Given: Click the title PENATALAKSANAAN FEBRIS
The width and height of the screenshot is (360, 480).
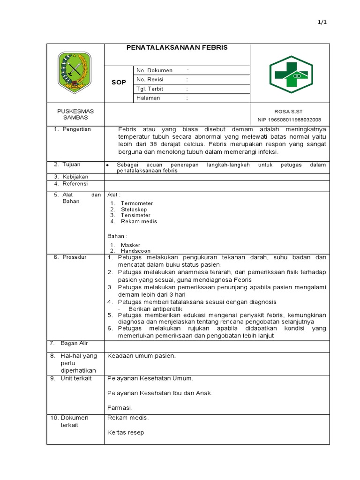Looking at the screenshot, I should pyautogui.click(x=177, y=48).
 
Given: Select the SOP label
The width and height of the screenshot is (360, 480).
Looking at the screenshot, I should pyautogui.click(x=119, y=82).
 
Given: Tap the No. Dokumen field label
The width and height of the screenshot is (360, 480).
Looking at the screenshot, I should pyautogui.click(x=154, y=70).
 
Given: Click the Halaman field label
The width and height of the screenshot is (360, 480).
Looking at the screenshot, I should pyautogui.click(x=148, y=98).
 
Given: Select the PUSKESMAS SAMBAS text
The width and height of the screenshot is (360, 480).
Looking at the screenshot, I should pyautogui.click(x=75, y=114).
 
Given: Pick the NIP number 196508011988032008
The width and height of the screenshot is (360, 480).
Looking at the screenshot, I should pyautogui.click(x=290, y=120).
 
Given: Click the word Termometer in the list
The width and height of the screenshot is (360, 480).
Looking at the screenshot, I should pyautogui.click(x=137, y=203).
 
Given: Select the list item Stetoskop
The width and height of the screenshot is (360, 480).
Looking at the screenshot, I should pyautogui.click(x=134, y=210).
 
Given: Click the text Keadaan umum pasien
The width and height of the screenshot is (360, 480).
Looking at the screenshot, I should pyautogui.click(x=142, y=356).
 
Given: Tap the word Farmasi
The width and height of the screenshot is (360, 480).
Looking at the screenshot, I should pyautogui.click(x=120, y=408).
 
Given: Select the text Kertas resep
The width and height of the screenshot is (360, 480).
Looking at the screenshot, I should pyautogui.click(x=126, y=433).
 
